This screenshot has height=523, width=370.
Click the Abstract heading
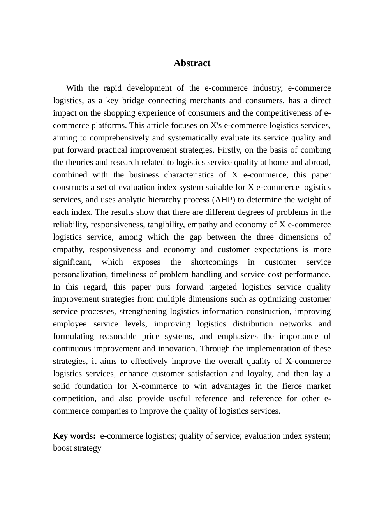[x=192, y=63]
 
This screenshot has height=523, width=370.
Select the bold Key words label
[x=74, y=436]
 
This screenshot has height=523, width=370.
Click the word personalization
[x=80, y=275]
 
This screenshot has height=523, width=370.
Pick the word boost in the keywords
[x=63, y=448]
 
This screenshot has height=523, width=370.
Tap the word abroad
[x=318, y=163]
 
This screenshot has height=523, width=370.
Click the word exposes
[x=147, y=262]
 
